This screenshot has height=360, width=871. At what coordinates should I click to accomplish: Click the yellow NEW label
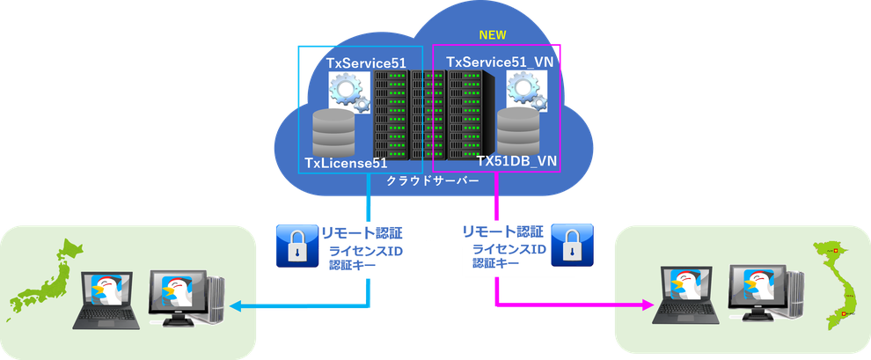coord(493,35)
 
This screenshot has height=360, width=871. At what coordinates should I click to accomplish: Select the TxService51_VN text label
coord(499,62)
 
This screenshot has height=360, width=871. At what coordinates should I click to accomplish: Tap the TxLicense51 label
coord(345,164)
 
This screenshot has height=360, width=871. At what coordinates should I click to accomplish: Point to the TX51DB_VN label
coord(517,162)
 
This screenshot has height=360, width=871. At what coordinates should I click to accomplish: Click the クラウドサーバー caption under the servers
coord(433,181)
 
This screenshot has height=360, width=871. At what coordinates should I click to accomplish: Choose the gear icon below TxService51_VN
coord(526,92)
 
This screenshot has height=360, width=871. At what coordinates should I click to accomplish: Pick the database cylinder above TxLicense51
coord(333,132)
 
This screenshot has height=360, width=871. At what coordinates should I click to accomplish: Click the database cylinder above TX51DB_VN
coord(518,132)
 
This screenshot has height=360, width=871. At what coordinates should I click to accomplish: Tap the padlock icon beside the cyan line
coord(296,246)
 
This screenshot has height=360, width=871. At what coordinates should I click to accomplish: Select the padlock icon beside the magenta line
coord(572,245)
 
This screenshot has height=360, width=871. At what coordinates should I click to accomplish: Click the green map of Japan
coord(46,279)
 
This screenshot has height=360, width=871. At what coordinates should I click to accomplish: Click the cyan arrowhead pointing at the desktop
coord(234,305)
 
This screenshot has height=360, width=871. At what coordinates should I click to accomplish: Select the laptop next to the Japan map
coord(106,300)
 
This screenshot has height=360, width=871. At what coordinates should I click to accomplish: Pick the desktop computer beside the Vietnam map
coord(766,295)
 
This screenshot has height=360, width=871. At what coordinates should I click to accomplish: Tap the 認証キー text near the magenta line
coord(496,263)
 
